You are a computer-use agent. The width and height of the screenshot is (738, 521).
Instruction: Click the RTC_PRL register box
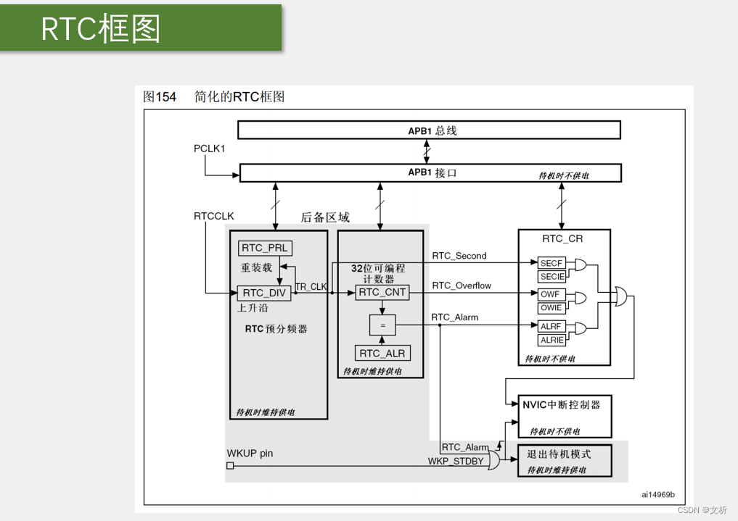pos(264,248)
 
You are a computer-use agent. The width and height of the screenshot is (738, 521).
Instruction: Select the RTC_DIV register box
pos(264,293)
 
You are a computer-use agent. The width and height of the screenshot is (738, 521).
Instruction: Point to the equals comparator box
pos(382,326)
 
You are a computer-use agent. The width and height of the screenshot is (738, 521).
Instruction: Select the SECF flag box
pos(552,263)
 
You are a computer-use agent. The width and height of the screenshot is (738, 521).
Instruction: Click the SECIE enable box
pos(552,277)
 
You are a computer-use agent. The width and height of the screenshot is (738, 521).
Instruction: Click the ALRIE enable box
pos(552,340)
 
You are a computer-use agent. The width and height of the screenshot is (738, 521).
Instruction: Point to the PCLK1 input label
pos(210,149)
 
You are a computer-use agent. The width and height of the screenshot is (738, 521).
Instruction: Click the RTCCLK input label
pos(214,216)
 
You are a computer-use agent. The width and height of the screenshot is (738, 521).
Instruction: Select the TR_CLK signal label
pos(311,287)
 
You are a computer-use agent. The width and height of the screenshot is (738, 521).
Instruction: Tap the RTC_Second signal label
pos(459,256)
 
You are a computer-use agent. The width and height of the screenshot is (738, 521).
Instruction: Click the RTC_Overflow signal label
pos(462,285)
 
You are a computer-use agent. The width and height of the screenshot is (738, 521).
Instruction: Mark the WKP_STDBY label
pos(455,461)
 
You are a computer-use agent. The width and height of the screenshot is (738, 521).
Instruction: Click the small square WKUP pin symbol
pos(230,466)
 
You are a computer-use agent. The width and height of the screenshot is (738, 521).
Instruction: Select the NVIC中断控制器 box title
pos(562,405)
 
